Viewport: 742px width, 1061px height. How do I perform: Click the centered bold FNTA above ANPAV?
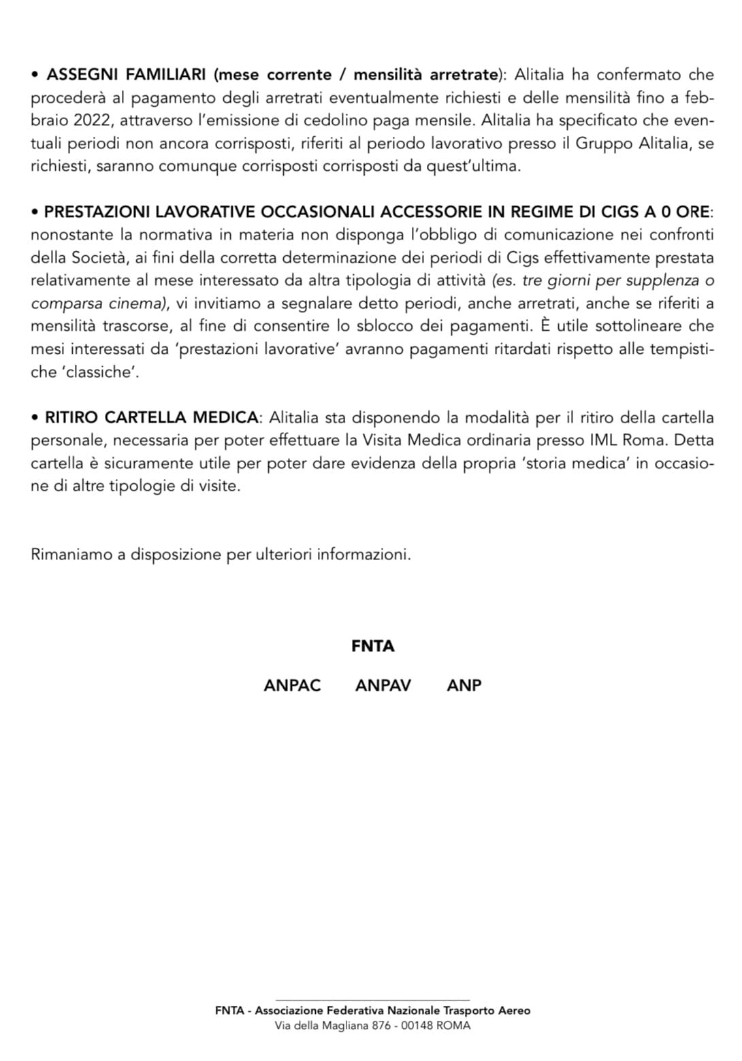click(372, 647)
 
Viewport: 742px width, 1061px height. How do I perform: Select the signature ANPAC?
click(292, 685)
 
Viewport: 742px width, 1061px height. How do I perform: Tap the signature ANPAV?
click(383, 685)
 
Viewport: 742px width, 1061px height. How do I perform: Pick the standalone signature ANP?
click(464, 685)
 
